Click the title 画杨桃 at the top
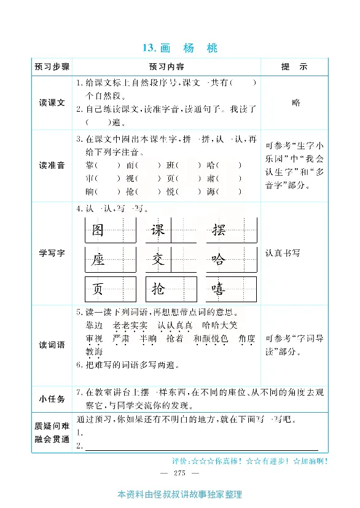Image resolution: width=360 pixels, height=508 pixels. click(x=179, y=48)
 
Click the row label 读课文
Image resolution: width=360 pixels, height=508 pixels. click(x=52, y=103)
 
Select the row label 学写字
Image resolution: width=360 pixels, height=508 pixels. click(x=52, y=253)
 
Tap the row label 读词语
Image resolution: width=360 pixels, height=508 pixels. click(x=52, y=345)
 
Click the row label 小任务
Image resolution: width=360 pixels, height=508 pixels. click(x=52, y=399)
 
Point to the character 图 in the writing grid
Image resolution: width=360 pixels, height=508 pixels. click(x=98, y=230)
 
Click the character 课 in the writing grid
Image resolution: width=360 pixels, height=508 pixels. click(x=158, y=230)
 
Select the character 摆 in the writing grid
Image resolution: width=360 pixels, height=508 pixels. click(x=218, y=230)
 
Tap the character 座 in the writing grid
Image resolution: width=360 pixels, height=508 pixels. click(x=98, y=260)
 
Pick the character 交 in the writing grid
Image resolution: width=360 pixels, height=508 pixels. click(x=158, y=260)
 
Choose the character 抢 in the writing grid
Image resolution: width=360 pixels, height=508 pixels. click(x=158, y=289)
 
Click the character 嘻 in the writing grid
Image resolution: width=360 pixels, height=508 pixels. click(x=218, y=289)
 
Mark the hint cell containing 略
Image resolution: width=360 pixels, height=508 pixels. click(x=296, y=103)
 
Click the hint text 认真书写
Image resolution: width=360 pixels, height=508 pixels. click(x=283, y=252)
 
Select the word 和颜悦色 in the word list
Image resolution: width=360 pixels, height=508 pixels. click(x=211, y=338)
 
